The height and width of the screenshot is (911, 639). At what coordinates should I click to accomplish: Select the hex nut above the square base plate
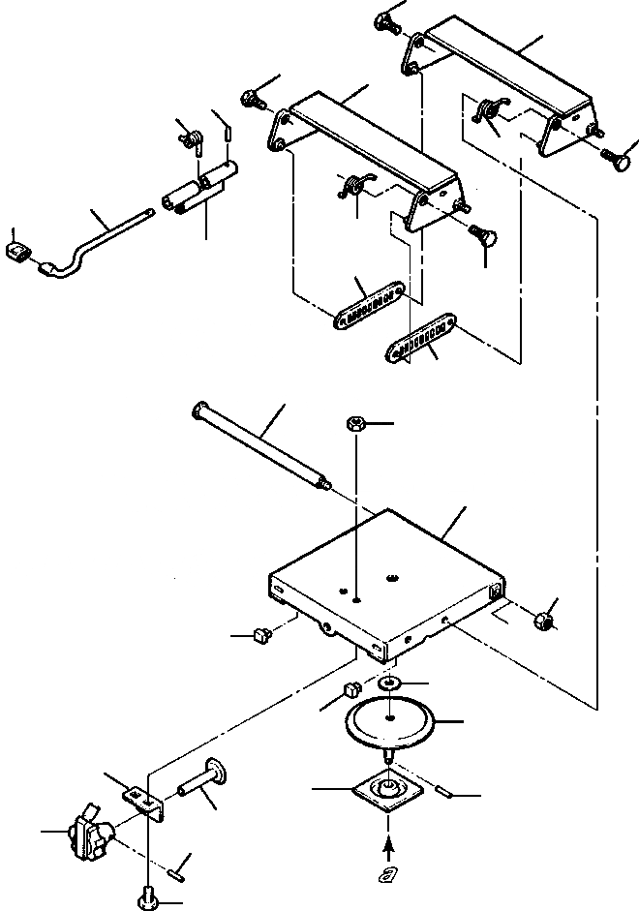(354, 424)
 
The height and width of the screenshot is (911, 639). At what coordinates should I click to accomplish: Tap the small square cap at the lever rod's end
(16, 254)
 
